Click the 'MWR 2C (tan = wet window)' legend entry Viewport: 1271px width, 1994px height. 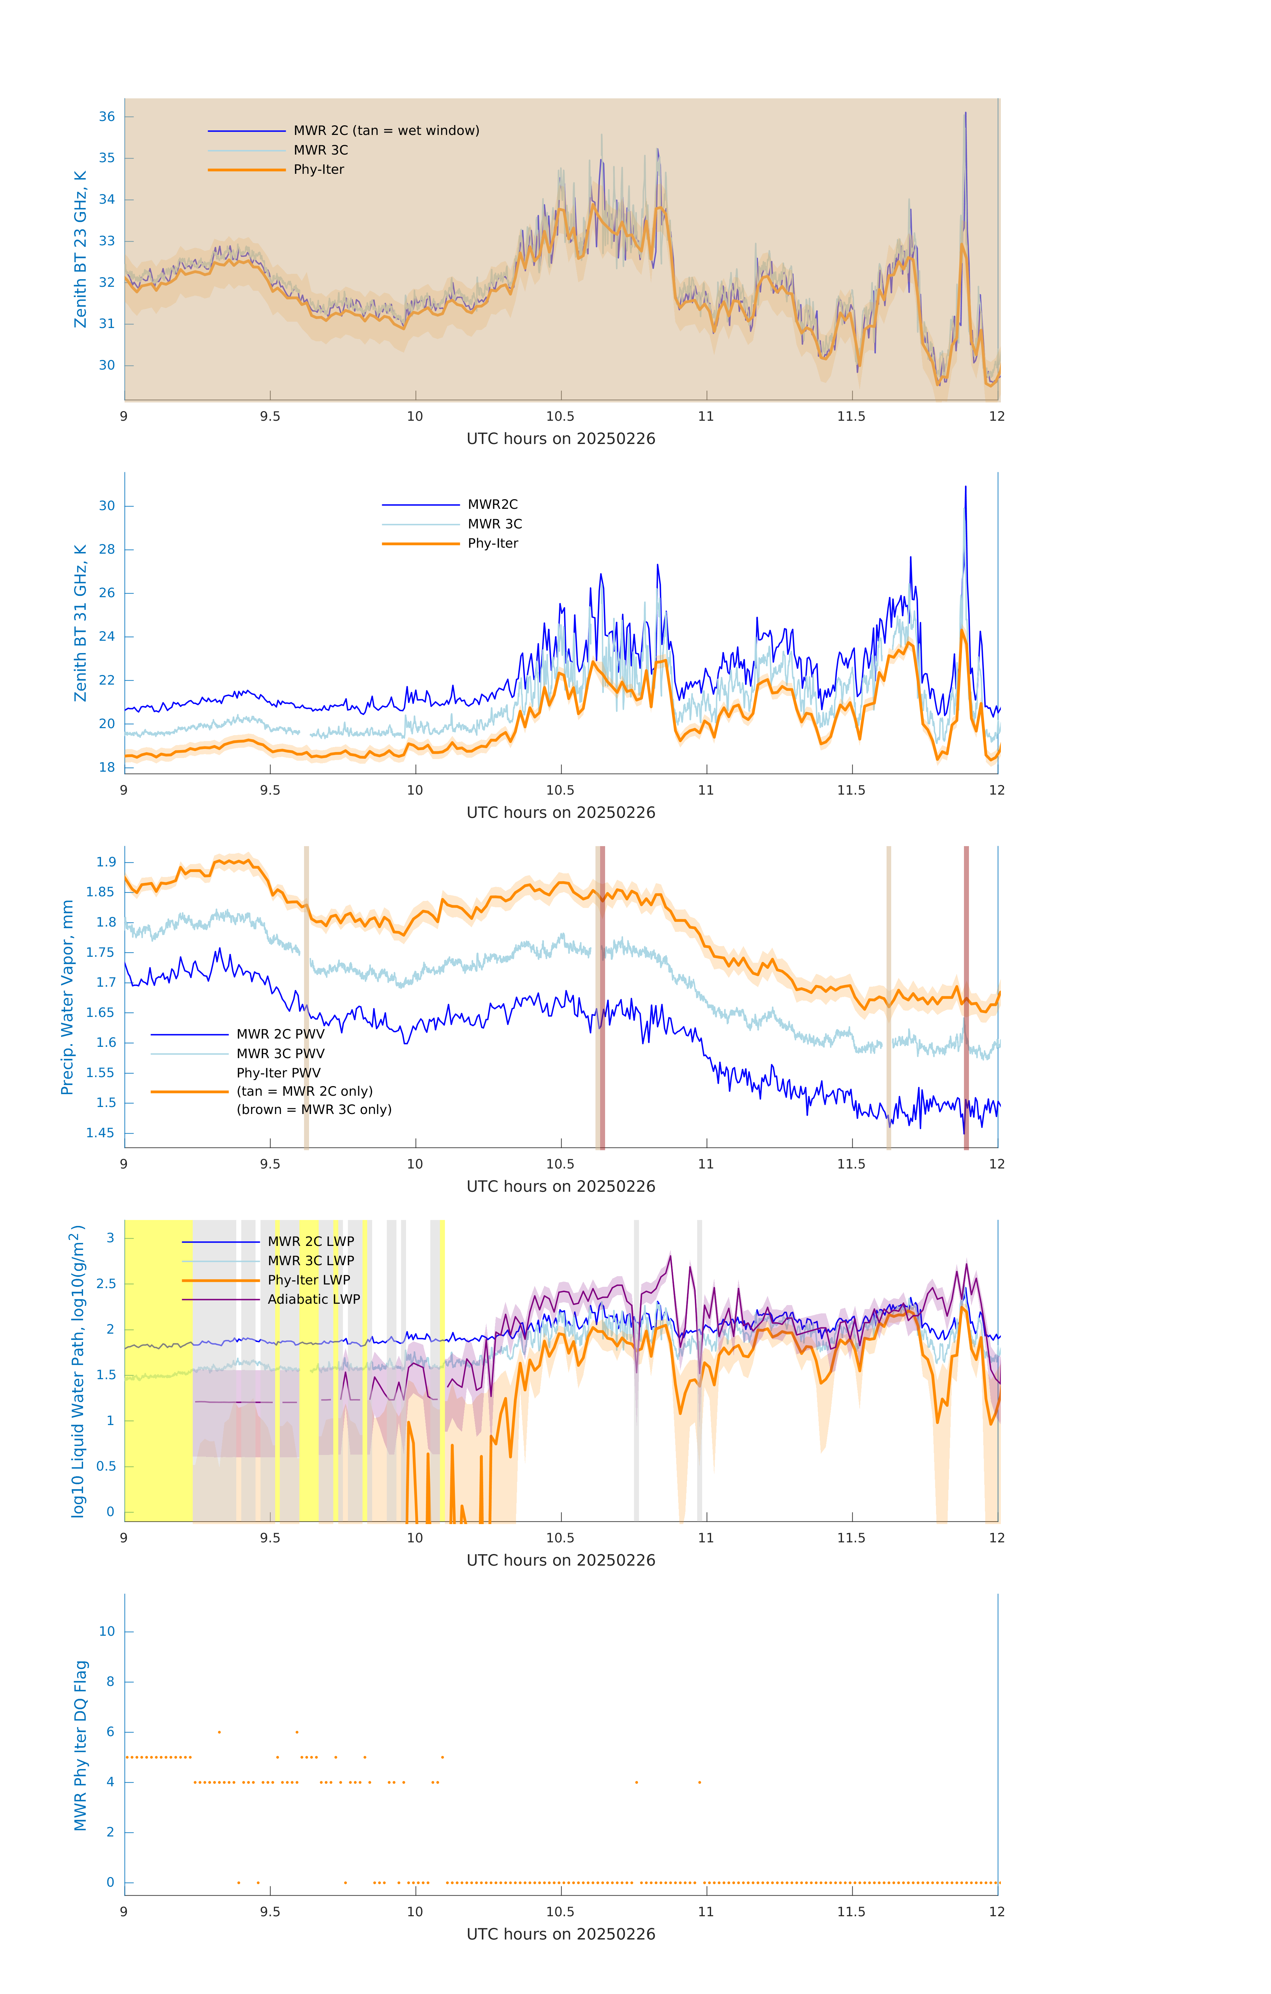pos(386,131)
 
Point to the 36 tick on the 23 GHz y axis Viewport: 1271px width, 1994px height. pos(107,117)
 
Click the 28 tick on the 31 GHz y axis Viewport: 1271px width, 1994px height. pos(107,550)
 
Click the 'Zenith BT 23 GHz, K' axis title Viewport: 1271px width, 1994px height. pos(80,249)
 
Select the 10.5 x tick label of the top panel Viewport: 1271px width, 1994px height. pos(561,416)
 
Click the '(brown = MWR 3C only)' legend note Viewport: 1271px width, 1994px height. pos(314,1110)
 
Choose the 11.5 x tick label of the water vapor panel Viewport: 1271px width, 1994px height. pos(851,1164)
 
